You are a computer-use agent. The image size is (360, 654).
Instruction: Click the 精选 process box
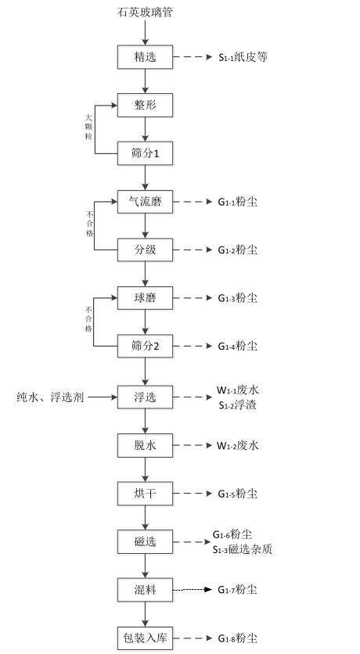click(x=145, y=57)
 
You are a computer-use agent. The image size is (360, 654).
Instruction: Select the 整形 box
click(x=145, y=105)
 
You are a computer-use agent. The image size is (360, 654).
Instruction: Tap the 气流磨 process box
click(x=145, y=202)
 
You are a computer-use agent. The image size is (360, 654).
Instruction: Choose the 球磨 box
click(x=145, y=298)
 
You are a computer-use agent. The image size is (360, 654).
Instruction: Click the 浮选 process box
click(x=145, y=397)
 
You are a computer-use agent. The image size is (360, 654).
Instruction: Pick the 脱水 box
click(x=145, y=445)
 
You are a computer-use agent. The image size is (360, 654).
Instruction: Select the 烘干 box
click(x=145, y=494)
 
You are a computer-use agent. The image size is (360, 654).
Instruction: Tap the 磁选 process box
click(x=145, y=542)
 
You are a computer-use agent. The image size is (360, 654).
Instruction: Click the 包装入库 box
click(x=145, y=638)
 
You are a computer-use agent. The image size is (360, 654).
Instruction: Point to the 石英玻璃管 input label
click(x=145, y=12)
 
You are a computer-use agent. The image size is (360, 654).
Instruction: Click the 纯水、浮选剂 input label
click(x=50, y=397)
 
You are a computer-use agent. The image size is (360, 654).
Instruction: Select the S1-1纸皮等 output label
click(x=243, y=57)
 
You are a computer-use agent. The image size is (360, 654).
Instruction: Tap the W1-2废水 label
click(x=237, y=445)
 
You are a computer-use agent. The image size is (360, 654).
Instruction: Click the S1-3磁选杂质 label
click(x=243, y=549)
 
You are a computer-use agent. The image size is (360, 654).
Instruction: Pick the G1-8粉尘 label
click(x=237, y=638)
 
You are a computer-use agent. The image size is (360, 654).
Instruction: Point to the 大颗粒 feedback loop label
click(x=88, y=127)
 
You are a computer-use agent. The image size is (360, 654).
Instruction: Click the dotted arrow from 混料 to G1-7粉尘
click(x=193, y=590)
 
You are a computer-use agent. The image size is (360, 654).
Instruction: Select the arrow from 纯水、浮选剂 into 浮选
click(x=103, y=397)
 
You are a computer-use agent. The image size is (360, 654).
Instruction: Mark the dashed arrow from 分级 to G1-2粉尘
click(x=193, y=250)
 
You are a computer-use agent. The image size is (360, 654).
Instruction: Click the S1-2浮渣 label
click(x=237, y=405)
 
